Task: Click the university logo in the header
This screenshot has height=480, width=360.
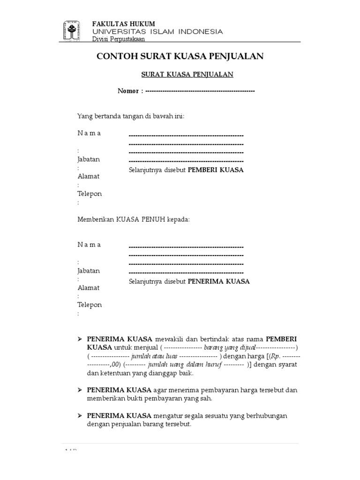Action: click(70, 31)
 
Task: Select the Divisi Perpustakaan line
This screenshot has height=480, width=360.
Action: click(112, 39)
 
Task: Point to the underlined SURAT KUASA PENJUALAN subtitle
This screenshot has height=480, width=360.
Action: click(187, 74)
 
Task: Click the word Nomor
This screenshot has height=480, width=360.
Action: click(127, 91)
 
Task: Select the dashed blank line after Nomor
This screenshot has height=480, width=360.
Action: click(200, 91)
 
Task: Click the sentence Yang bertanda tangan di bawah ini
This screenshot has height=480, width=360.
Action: click(131, 116)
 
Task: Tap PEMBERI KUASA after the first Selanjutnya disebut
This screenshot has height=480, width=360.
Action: click(216, 170)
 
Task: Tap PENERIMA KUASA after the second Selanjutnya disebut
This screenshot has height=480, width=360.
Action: click(219, 282)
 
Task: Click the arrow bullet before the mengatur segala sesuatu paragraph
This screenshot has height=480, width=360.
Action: click(80, 416)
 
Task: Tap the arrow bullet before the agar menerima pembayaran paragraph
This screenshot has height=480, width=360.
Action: click(80, 390)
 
